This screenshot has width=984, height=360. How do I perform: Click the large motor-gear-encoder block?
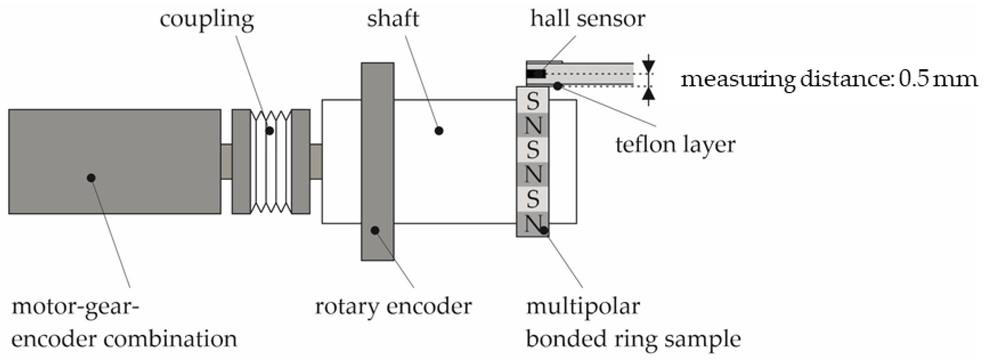click(x=115, y=161)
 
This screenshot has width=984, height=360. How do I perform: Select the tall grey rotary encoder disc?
click(x=377, y=161)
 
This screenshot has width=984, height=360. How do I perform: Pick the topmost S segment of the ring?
click(x=533, y=101)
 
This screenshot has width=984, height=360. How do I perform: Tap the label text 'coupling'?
click(x=207, y=19)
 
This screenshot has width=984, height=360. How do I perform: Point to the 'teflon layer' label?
click(x=675, y=145)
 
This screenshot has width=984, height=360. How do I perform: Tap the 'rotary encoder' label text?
click(x=393, y=306)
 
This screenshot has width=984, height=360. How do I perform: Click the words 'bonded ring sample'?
click(x=633, y=339)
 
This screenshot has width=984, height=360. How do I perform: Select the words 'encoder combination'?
click(x=124, y=339)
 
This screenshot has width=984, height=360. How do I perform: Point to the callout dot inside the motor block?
click(x=91, y=178)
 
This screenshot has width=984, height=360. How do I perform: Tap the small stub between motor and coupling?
click(x=226, y=161)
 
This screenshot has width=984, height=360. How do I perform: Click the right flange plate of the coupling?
click(x=301, y=161)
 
